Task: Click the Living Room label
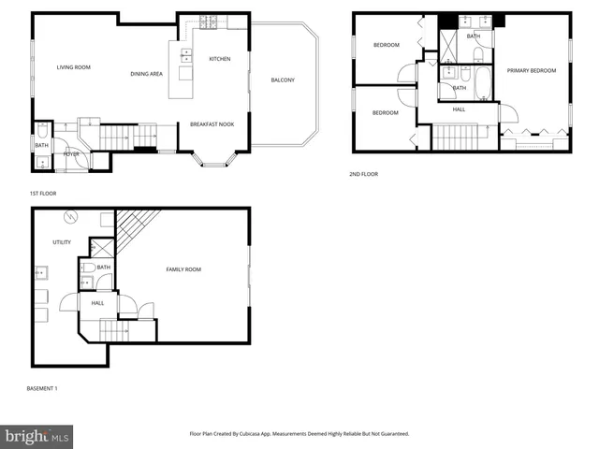point(73,66)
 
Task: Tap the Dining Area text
point(147,74)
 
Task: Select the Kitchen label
point(220,59)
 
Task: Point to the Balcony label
point(283,80)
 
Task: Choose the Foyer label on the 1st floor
point(72,153)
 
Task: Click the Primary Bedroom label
point(532,71)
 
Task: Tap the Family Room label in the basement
point(183,269)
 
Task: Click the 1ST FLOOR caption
point(43,194)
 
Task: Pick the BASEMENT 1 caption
point(43,387)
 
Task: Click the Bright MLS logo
point(37,435)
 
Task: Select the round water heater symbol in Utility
point(67,219)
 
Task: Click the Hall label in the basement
point(98,302)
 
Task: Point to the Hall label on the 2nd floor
point(460,109)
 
